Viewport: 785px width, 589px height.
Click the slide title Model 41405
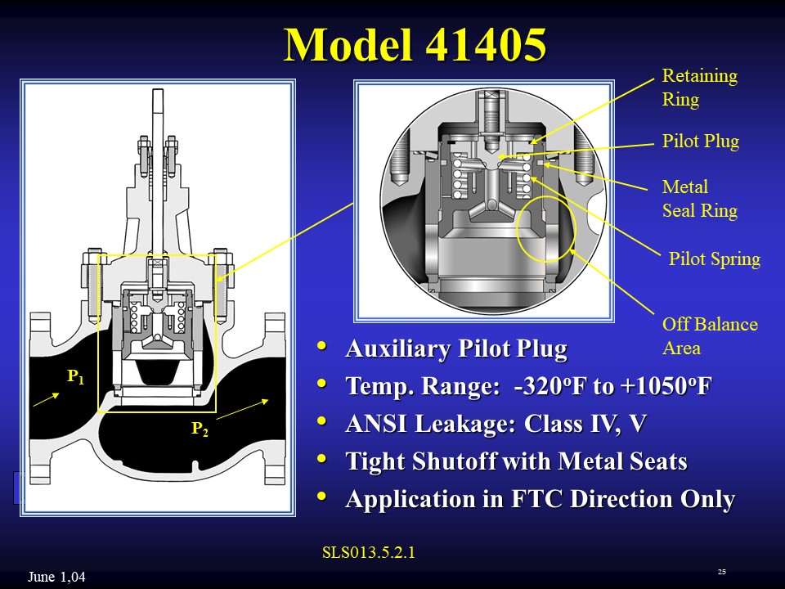(415, 46)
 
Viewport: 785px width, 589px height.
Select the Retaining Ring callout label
(699, 88)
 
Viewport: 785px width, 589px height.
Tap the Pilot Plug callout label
(700, 142)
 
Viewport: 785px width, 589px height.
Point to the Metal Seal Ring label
(699, 199)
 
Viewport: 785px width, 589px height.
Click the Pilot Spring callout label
(714, 259)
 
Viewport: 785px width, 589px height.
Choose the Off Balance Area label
(709, 335)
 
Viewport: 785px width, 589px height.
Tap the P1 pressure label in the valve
(75, 376)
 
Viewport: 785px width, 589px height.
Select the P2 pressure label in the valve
(200, 429)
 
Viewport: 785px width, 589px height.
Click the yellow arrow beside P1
(46, 399)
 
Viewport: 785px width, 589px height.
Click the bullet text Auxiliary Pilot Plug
(455, 349)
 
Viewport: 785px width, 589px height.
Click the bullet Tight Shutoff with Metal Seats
(516, 461)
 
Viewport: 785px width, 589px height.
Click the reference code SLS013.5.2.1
(370, 552)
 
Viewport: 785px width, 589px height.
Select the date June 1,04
(56, 578)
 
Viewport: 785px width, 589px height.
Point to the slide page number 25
(721, 571)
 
